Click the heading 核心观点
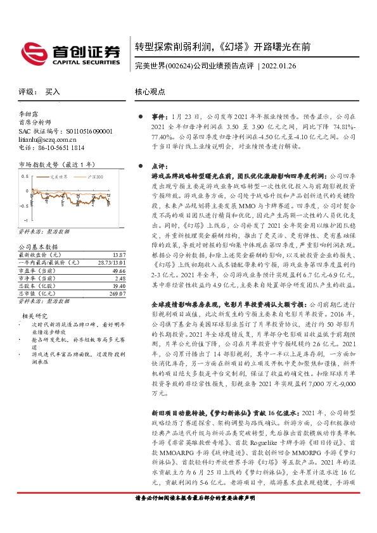pos(150,92)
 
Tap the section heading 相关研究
pos(35,315)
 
